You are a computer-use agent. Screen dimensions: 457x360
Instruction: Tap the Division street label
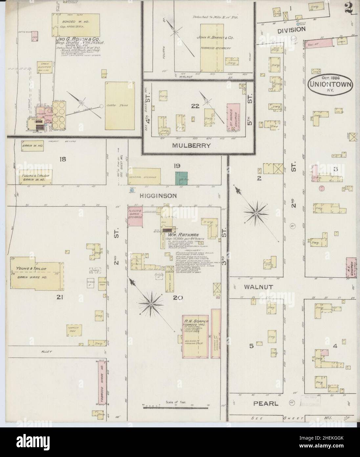tap(291, 29)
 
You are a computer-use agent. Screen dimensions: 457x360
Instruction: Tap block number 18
tap(62, 159)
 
